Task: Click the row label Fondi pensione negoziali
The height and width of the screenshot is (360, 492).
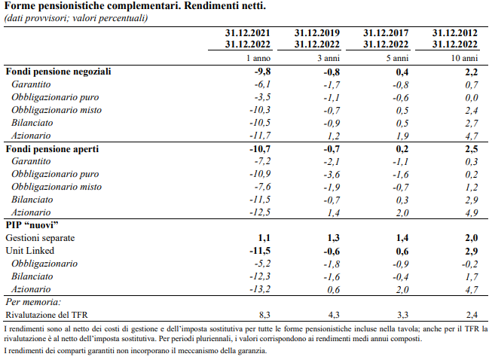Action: coord(58,72)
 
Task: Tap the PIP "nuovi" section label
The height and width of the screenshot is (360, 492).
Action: coord(32,225)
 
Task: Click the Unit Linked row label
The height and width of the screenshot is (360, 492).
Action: coord(28,251)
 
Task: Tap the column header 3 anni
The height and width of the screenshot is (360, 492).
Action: coord(326,58)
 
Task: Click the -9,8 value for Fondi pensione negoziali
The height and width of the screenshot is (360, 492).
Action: coord(261,72)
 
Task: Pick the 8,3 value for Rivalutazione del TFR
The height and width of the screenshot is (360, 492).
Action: coord(264,315)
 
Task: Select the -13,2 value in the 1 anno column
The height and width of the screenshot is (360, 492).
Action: coord(259,289)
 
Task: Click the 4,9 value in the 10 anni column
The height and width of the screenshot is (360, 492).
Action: coord(471,213)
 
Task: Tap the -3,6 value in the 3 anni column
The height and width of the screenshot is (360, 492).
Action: coord(329,175)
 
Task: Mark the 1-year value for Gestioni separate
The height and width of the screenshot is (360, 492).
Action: coord(264,238)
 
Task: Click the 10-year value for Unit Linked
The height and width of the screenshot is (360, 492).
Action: coord(471,251)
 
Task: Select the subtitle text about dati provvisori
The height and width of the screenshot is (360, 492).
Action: coord(76,18)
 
